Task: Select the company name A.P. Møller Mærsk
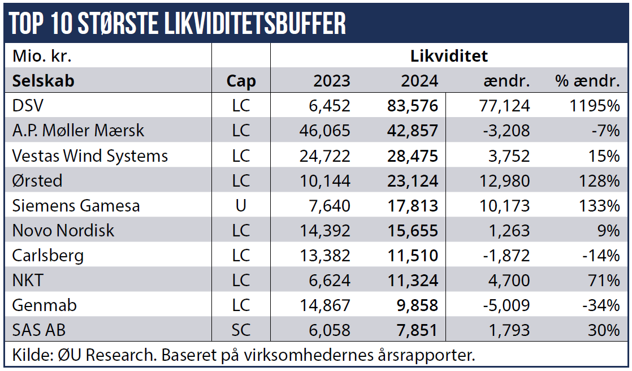(x=78, y=131)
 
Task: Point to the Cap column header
(x=241, y=81)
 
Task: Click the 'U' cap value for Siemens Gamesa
(x=241, y=205)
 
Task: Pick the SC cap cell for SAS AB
(x=241, y=330)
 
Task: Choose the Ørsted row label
(x=37, y=180)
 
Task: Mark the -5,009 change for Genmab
(x=507, y=305)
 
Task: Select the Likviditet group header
(x=449, y=56)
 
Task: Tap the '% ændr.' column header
(x=587, y=81)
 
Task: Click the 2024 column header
(x=419, y=81)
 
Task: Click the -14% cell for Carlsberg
(x=603, y=255)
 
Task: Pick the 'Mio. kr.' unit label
(x=42, y=56)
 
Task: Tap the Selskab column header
(x=43, y=81)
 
